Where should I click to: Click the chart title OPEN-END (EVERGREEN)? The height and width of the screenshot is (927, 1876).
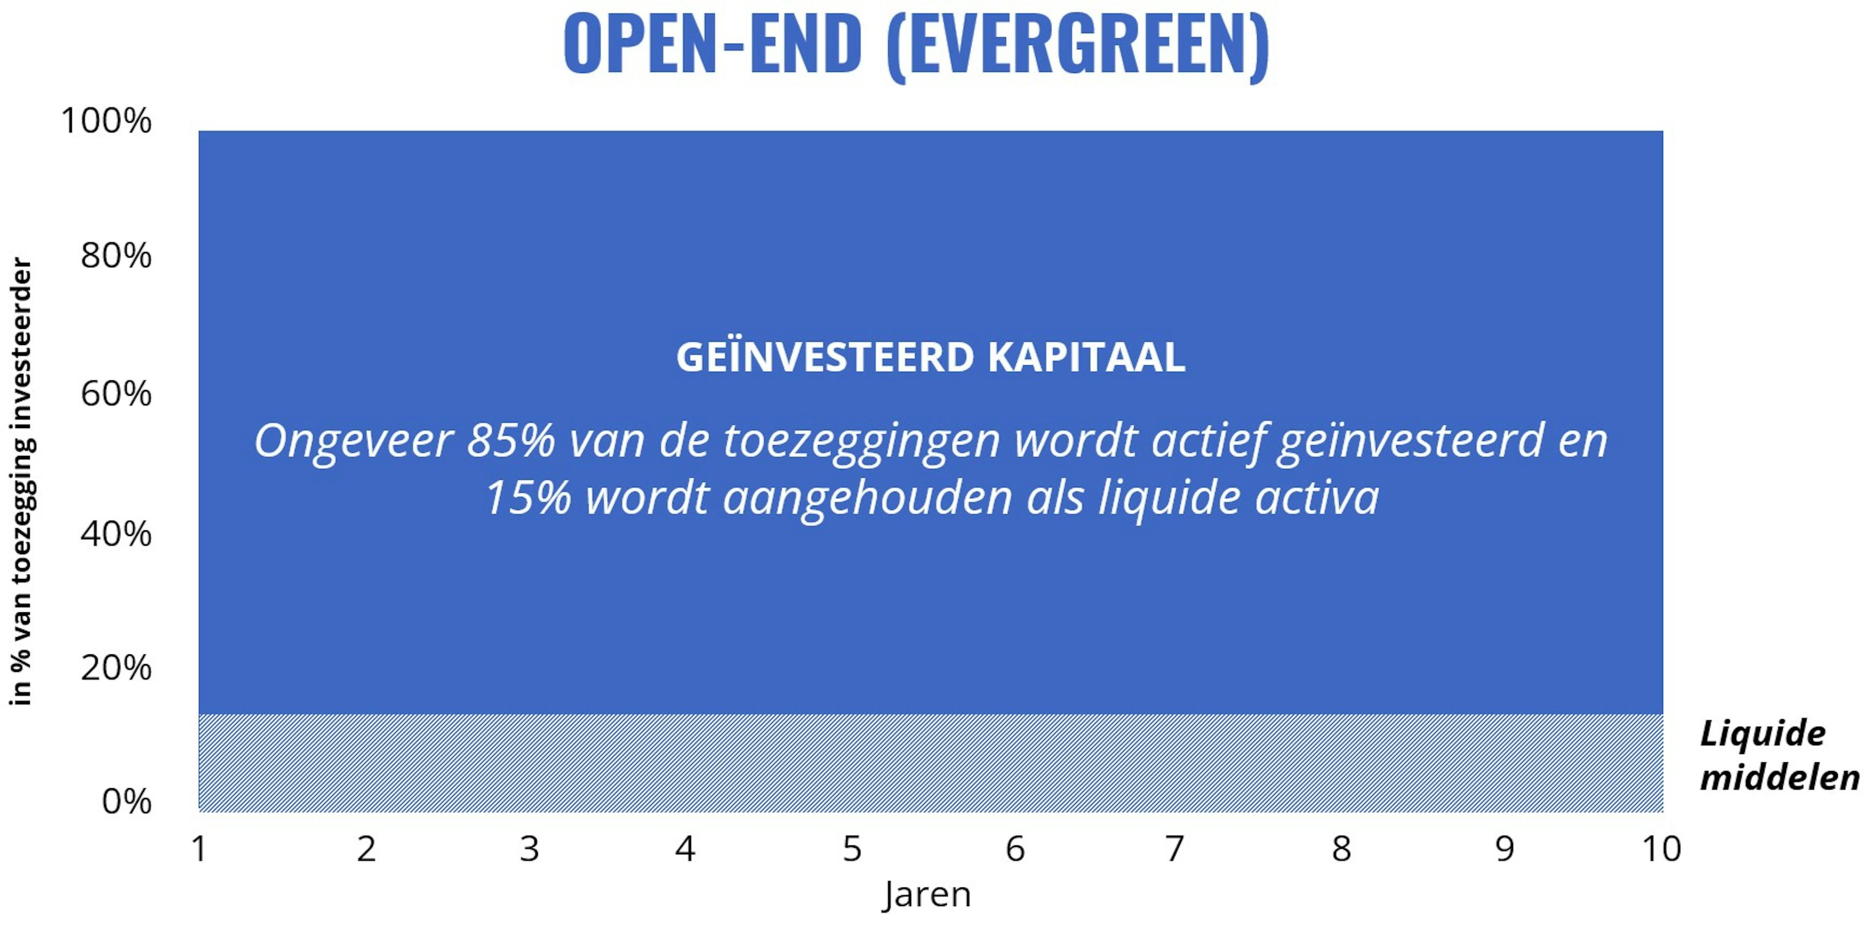[x=916, y=45]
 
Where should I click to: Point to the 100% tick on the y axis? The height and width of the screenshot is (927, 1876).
[x=107, y=120]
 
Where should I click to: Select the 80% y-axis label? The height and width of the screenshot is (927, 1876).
[x=116, y=256]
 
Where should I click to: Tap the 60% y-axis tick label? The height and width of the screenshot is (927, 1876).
[x=116, y=394]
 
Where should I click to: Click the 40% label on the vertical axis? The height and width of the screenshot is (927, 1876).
[x=116, y=534]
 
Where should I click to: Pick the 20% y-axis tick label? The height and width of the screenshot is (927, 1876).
[x=116, y=667]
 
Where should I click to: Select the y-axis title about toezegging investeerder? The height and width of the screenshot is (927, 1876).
[x=21, y=481]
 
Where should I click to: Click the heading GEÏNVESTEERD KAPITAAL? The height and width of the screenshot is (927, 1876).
[x=931, y=357]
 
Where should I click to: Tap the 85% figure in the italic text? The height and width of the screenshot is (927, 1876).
[x=511, y=441]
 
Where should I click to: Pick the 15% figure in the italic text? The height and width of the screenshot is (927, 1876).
[x=528, y=498]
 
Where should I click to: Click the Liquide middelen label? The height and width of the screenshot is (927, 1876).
[x=1779, y=755]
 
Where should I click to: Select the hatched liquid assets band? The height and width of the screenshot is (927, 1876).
[x=931, y=762]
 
